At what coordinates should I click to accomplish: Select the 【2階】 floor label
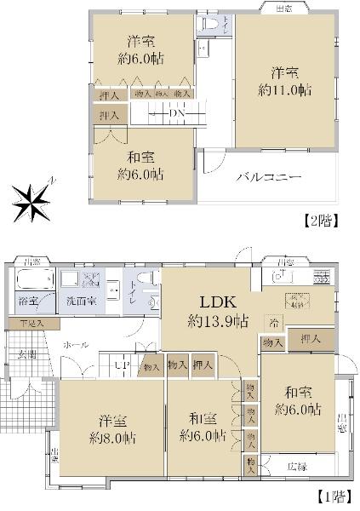[322, 221]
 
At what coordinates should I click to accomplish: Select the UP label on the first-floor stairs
[121, 366]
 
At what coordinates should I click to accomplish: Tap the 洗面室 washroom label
[81, 302]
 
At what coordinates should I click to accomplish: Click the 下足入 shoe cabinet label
[33, 323]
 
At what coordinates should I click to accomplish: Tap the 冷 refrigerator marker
[274, 323]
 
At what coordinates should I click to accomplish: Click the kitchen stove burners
[321, 277]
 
